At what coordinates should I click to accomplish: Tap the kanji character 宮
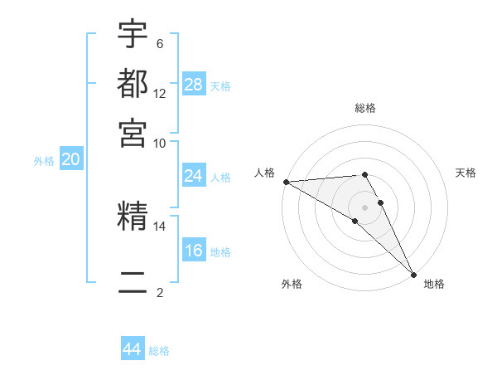point(133,132)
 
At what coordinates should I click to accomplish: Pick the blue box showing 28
point(193,84)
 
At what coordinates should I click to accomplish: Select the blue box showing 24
point(193,176)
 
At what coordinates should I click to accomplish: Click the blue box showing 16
point(193,251)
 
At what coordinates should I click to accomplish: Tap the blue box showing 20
point(70,160)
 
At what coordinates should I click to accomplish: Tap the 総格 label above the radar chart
point(365,108)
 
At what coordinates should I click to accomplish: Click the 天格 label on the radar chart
point(466,173)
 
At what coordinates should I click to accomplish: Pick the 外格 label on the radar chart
point(291,284)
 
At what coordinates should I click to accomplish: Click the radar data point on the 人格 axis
point(286,182)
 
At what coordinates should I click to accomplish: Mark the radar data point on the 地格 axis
point(413,273)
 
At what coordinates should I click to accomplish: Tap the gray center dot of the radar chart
point(365,207)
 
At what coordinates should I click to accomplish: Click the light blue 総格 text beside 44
point(159,351)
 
